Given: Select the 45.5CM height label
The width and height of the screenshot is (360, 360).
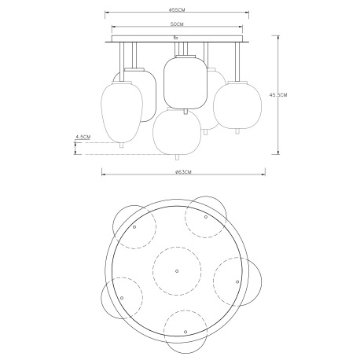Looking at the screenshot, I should [x=277, y=95].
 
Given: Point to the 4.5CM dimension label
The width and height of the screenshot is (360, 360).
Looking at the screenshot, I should [x=83, y=137].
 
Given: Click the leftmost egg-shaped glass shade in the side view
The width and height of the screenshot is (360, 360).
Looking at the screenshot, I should [x=121, y=111].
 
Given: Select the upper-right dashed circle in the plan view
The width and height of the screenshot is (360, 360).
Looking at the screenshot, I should [x=206, y=212].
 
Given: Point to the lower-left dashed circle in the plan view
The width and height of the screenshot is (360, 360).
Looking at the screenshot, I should [x=122, y=296].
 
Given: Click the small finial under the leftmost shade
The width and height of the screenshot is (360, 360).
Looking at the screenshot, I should [x=121, y=145].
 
